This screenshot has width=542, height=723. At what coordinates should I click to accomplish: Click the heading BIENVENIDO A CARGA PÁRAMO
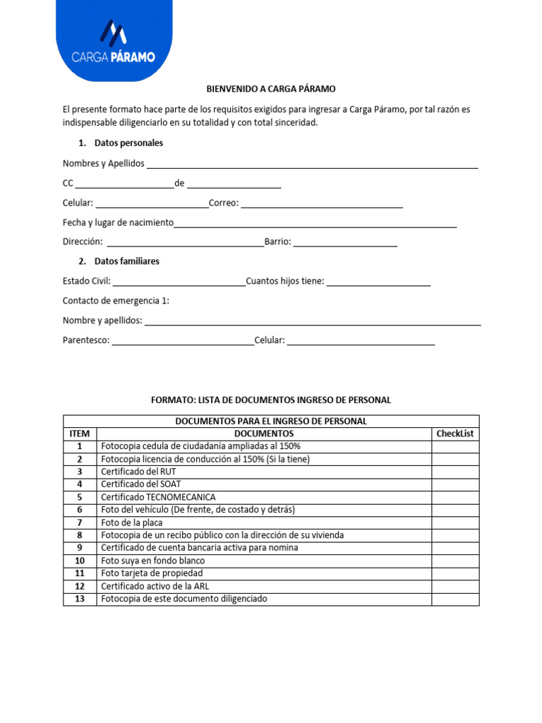coord(271,89)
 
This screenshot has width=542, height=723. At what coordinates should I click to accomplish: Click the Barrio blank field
coord(345,243)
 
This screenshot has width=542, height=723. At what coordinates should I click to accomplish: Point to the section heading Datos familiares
coord(126,261)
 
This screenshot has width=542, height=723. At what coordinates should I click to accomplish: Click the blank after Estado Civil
coord(179,282)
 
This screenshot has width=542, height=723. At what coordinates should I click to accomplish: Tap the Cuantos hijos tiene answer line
coord(378,282)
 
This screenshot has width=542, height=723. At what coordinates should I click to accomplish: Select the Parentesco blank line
coord(183,342)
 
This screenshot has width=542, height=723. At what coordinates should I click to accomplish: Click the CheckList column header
coord(455,434)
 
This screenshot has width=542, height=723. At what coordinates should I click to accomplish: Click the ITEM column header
coord(80,434)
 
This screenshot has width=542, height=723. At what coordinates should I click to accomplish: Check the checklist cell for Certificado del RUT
coord(455,472)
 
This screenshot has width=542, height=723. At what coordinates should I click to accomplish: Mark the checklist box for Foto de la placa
coord(455,522)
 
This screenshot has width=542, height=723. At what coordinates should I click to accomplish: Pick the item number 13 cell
coord(80,599)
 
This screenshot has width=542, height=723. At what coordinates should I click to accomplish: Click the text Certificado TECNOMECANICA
coord(158,497)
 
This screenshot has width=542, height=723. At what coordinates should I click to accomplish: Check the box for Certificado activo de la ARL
coord(455,586)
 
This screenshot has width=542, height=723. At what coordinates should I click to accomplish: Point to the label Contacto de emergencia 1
coord(116,301)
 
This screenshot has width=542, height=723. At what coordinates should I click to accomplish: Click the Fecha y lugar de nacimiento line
coord(315,224)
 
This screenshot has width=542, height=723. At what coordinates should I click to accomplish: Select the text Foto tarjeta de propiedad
coord(152,573)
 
